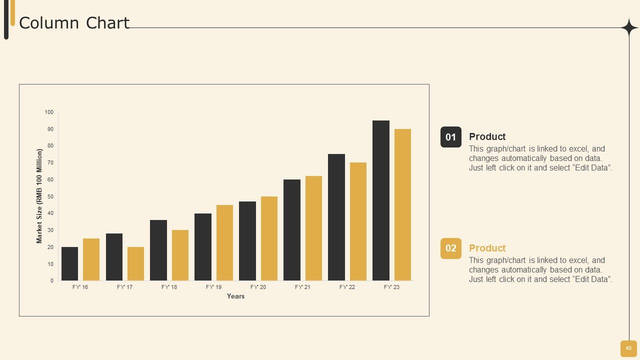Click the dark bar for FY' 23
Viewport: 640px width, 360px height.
click(381, 200)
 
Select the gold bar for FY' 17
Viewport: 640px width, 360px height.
click(135, 263)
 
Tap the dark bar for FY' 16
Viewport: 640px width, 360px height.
click(69, 263)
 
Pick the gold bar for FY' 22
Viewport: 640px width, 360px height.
click(358, 221)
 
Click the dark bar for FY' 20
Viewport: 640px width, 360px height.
click(247, 241)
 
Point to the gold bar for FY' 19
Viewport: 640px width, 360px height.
click(224, 242)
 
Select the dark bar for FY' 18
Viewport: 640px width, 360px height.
click(158, 250)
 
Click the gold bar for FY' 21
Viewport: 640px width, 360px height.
click(313, 228)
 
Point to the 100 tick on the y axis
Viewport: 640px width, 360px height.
click(49, 112)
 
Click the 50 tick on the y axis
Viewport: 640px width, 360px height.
click(50, 196)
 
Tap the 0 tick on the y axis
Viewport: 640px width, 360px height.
click(52, 281)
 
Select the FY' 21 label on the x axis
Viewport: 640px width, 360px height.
click(302, 287)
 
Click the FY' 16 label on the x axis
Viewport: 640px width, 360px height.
click(80, 287)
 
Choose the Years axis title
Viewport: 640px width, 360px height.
click(235, 296)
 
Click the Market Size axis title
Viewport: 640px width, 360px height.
click(39, 196)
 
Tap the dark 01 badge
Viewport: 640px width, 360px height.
click(451, 137)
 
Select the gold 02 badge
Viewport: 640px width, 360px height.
click(451, 248)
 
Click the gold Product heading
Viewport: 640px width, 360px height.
click(487, 248)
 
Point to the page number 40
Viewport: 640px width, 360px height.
click(628, 348)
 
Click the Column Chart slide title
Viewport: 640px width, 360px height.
click(74, 23)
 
